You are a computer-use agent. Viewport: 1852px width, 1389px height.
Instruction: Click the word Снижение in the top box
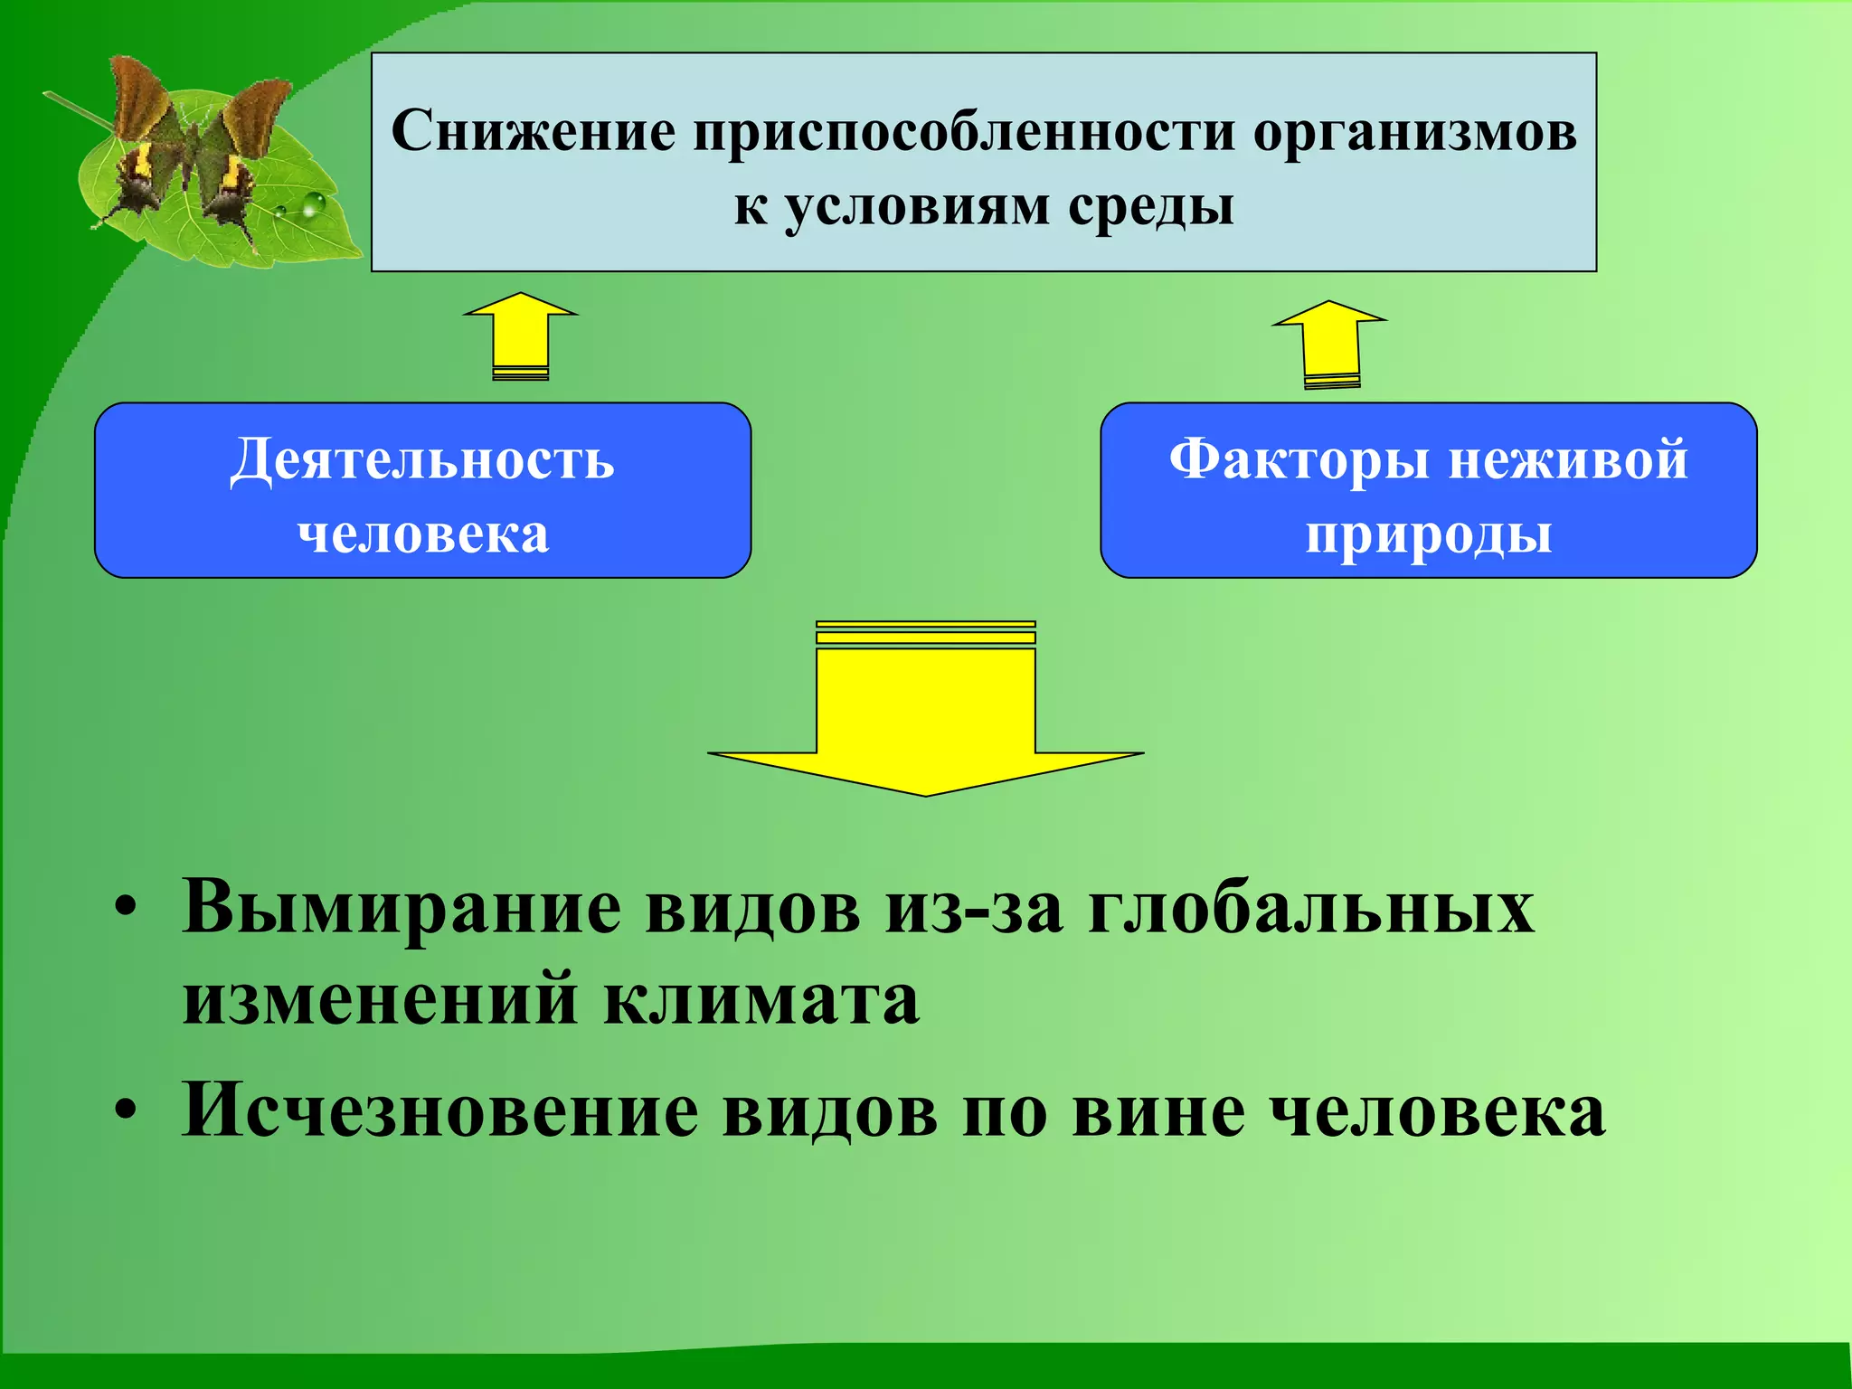(x=533, y=131)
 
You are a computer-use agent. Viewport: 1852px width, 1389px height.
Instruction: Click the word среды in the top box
(x=1150, y=207)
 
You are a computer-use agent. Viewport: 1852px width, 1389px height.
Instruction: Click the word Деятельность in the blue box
(x=422, y=459)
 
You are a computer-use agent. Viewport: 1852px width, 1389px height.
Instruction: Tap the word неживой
(x=1568, y=459)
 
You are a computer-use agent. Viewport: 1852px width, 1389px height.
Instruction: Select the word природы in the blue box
(x=1428, y=534)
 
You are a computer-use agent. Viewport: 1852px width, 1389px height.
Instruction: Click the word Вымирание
(x=402, y=907)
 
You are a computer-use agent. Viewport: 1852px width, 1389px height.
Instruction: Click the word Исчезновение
(x=439, y=1110)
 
